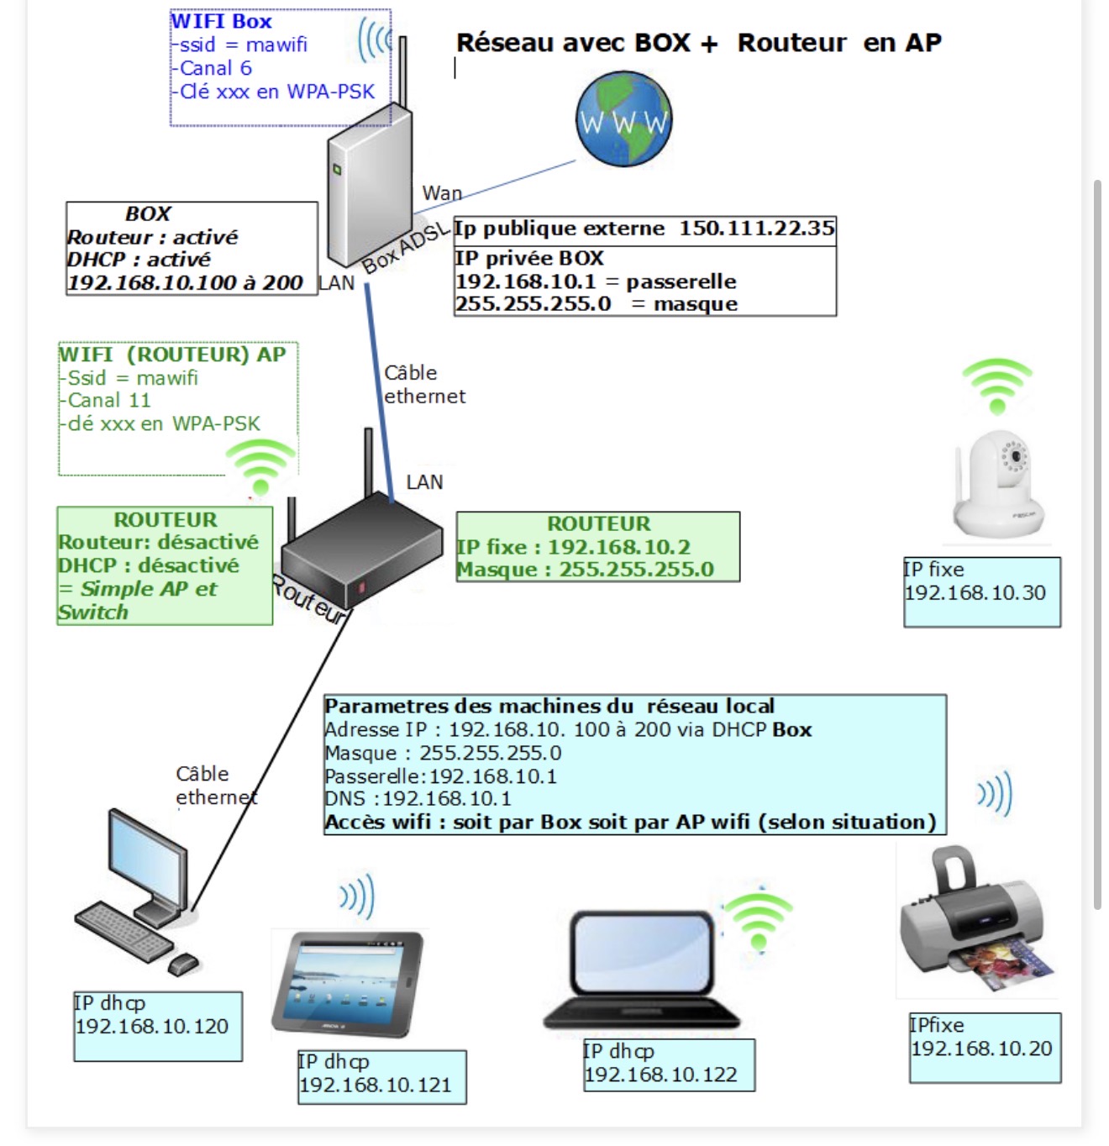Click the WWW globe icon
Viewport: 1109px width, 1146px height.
click(623, 118)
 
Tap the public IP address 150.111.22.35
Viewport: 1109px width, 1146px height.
click(756, 229)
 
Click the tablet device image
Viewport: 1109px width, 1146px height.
click(348, 984)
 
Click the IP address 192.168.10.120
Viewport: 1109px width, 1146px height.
click(152, 1027)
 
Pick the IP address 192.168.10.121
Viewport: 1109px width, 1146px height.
click(376, 1086)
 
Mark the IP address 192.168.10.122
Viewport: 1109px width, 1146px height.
click(661, 1075)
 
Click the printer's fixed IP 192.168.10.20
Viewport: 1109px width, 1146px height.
click(981, 1049)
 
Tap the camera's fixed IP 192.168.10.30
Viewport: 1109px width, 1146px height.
click(975, 593)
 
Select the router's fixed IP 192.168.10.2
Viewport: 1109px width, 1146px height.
click(619, 547)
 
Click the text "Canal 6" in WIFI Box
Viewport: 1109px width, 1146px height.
click(215, 68)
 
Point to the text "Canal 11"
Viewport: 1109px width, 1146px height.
click(109, 401)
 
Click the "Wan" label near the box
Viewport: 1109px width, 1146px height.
click(442, 193)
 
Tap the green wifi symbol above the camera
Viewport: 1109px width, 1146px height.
click(997, 386)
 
